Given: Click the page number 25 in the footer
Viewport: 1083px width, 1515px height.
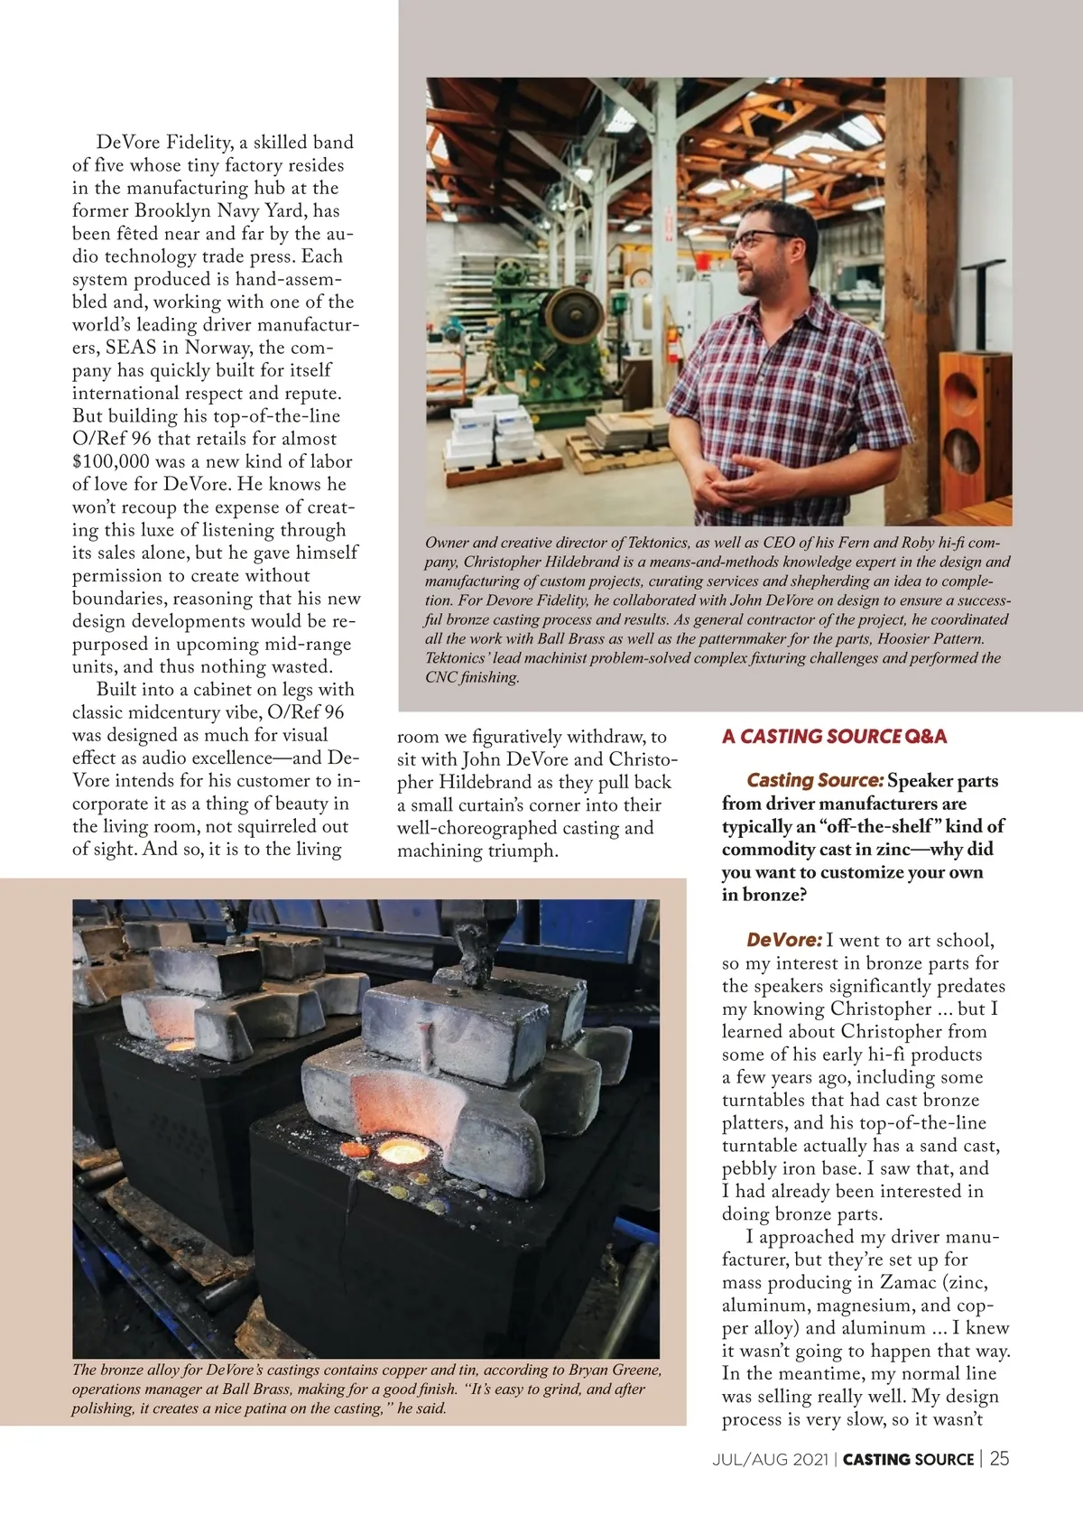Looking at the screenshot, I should point(999,1459).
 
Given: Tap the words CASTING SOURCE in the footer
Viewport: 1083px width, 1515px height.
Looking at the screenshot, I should point(908,1459).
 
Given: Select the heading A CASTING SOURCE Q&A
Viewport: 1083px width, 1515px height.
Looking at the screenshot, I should point(834,736).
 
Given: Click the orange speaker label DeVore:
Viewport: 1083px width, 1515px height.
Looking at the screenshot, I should point(781,941).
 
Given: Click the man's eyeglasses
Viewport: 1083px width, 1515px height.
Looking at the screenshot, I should point(763,238).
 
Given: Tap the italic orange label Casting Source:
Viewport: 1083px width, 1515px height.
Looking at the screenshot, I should point(815,780).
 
